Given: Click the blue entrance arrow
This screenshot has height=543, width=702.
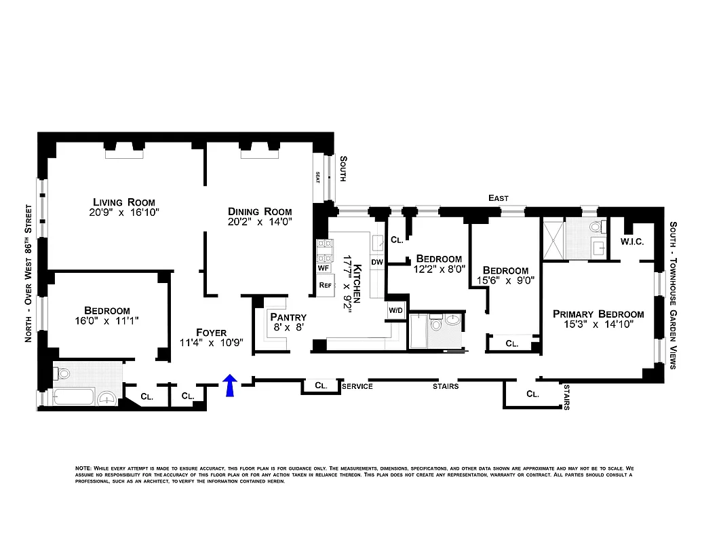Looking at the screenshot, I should pos(230,385).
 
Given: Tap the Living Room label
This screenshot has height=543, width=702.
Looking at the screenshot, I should pos(124,202).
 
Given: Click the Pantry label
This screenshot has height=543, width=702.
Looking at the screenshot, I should pos(288,317).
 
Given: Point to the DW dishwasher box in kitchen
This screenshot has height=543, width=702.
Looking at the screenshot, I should pos(377,261).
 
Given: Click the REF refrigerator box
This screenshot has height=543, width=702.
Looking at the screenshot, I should pos(325,285).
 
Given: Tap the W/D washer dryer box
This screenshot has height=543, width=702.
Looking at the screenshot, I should pos(395,310).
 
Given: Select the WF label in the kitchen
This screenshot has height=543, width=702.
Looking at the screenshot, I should pos(324,268).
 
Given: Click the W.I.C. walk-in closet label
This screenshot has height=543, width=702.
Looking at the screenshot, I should pos(631,242).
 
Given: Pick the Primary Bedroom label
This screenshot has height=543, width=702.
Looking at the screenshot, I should pos(598,314).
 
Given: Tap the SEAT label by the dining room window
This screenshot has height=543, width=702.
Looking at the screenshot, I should pos(317,177).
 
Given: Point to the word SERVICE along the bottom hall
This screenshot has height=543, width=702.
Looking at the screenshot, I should pos(357,386).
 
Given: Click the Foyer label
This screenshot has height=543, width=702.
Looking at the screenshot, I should pos(211,331).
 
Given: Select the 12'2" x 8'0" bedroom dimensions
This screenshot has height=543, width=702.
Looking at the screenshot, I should pos(439,269).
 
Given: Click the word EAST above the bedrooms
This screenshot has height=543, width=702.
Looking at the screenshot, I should pos(499,198).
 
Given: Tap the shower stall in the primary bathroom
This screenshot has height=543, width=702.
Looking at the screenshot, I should pos(552,239).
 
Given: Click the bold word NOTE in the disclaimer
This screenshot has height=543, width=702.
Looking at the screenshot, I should pos(83,469).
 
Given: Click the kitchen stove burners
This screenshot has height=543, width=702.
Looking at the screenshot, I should pos(323,251).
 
